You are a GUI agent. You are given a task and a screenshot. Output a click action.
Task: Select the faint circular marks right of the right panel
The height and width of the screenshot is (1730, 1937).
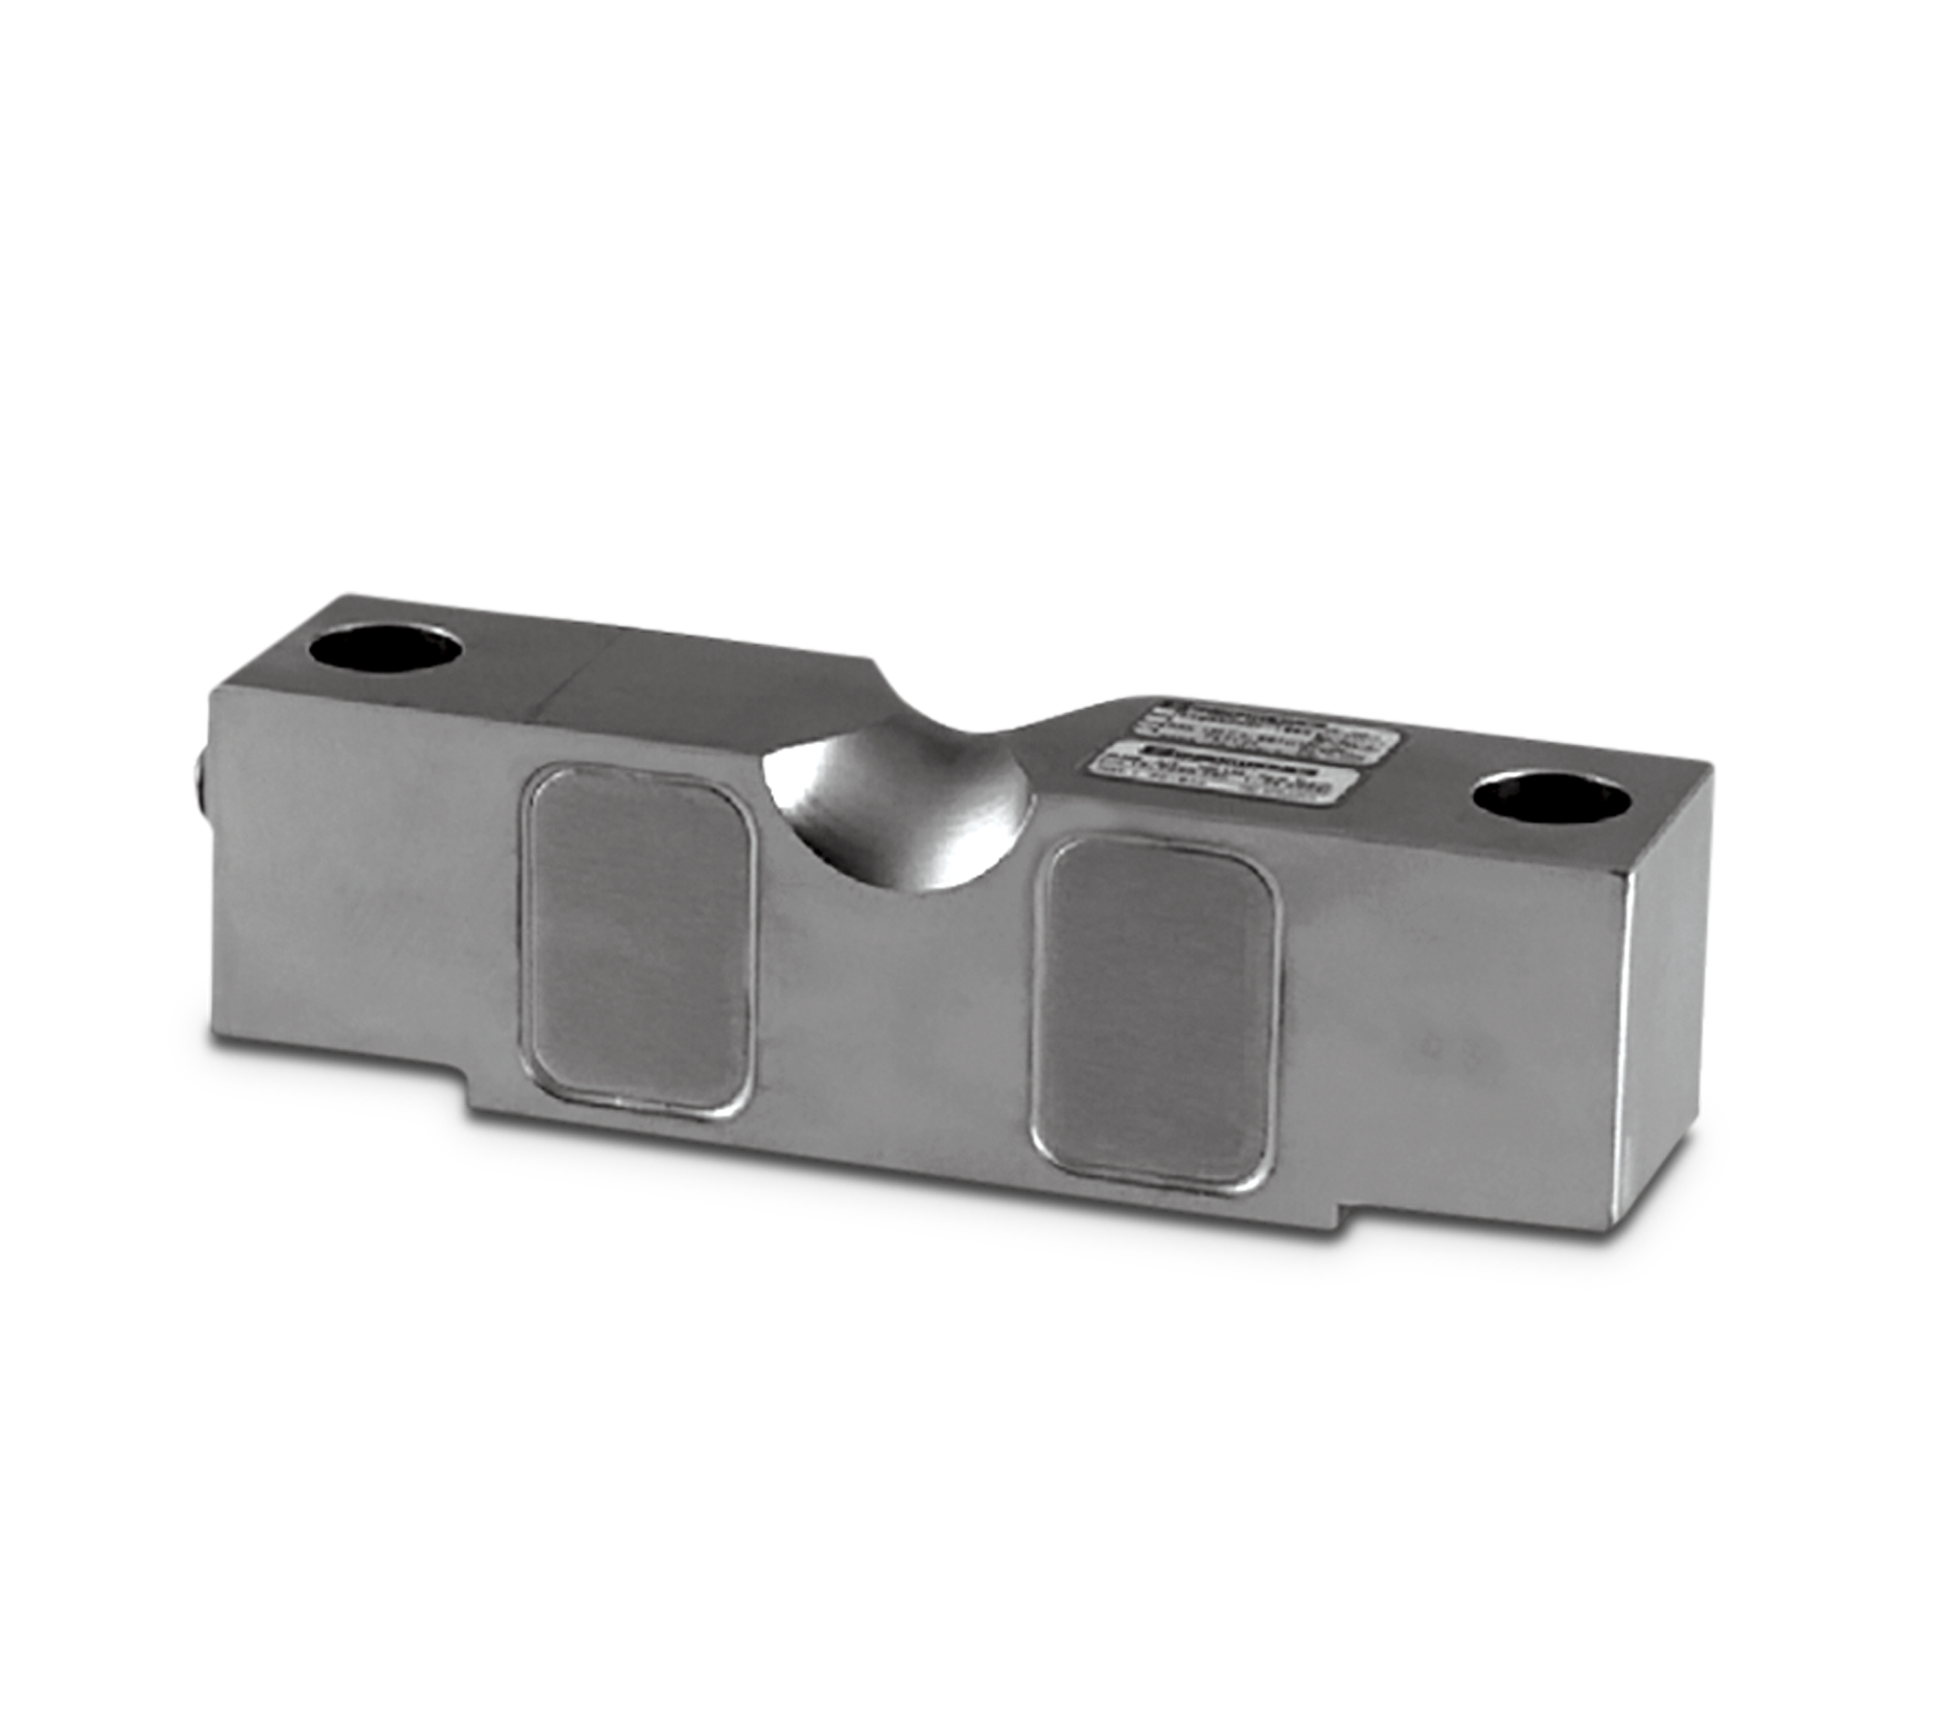point(1462,1054)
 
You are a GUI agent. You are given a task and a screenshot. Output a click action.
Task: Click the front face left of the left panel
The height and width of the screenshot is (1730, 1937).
point(368,891)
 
